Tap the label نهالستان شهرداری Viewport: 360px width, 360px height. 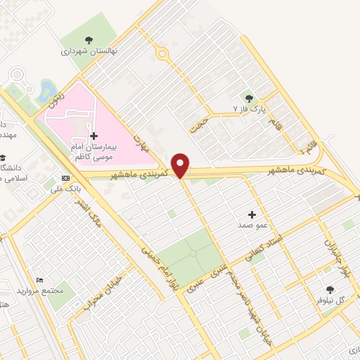click(89, 51)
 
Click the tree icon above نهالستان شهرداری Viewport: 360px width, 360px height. click(89, 40)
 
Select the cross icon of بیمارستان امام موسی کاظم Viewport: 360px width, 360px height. click(94, 135)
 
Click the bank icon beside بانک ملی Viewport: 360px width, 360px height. click(65, 178)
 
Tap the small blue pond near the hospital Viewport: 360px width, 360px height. click(47, 89)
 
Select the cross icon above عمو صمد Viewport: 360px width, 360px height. click(252, 213)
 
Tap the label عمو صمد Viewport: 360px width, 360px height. click(252, 225)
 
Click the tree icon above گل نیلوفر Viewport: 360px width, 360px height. click(329, 289)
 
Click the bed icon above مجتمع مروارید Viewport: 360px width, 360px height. click(39, 280)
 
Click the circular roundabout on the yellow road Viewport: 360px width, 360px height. click(163, 53)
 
